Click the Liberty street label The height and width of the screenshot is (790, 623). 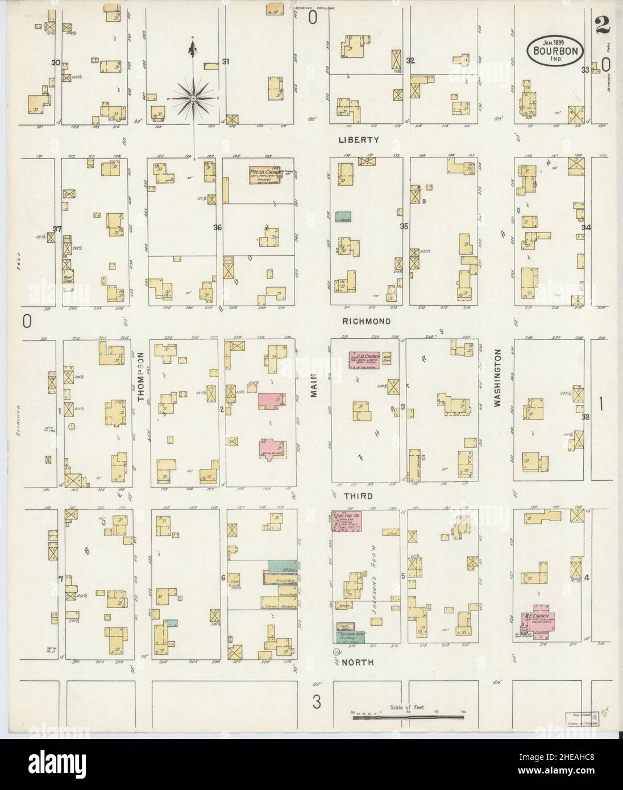366,139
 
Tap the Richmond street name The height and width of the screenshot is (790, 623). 366,321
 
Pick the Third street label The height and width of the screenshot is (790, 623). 358,496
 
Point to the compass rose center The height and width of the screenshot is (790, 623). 194,99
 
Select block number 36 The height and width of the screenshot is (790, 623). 217,228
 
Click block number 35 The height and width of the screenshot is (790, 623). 404,226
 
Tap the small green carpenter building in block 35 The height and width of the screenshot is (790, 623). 343,217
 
